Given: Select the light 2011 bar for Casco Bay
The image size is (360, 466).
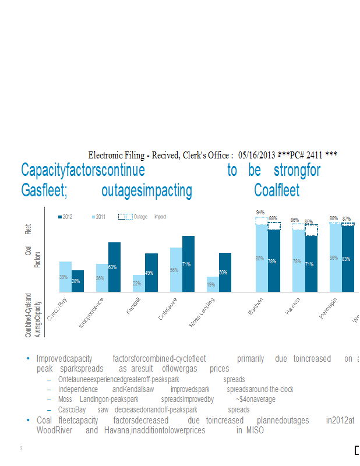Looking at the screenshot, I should (65, 276).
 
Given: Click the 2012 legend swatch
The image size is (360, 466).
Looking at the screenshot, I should (60, 217).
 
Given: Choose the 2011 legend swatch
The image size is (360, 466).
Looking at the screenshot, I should (93, 217).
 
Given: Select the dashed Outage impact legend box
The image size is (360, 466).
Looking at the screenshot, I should (125, 217).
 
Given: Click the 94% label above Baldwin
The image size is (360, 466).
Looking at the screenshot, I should (260, 212).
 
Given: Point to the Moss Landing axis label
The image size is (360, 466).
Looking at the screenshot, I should (202, 312).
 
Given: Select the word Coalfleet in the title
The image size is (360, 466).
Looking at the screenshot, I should (277, 190).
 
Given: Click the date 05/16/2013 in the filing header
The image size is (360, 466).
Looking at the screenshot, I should (257, 155).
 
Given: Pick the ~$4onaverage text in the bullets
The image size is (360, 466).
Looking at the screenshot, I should (256, 400).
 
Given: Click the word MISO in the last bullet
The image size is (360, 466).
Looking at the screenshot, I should (254, 430).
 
